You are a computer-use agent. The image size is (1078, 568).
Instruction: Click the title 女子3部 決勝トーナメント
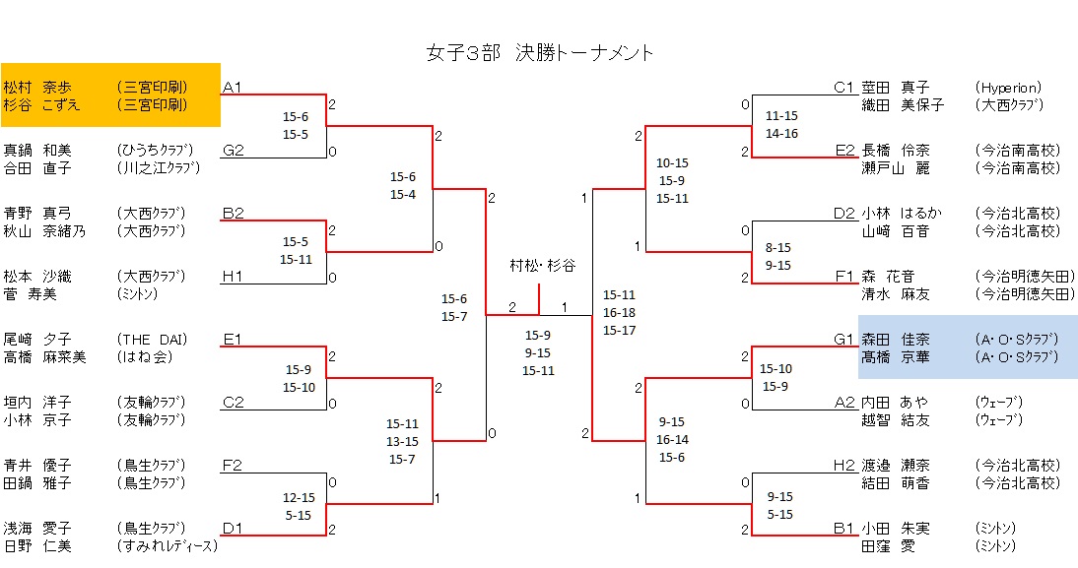coord(539,53)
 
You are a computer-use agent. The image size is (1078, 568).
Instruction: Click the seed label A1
coord(233,88)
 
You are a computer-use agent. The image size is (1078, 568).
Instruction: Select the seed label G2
coord(233,151)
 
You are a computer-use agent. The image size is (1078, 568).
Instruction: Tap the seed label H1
coord(233,277)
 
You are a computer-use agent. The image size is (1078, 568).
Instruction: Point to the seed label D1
coord(233,529)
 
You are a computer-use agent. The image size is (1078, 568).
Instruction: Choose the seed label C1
coord(843,88)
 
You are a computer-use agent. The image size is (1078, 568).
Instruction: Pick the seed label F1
coord(843,277)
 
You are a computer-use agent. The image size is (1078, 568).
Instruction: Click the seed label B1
coord(843,529)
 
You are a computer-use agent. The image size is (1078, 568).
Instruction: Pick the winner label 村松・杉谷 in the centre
coord(542,266)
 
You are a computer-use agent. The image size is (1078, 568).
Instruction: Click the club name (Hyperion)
coord(1008,88)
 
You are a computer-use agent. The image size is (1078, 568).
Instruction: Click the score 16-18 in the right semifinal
coord(619,312)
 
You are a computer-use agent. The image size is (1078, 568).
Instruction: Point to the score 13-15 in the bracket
coord(403,442)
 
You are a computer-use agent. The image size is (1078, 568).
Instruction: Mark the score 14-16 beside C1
coord(781,133)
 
